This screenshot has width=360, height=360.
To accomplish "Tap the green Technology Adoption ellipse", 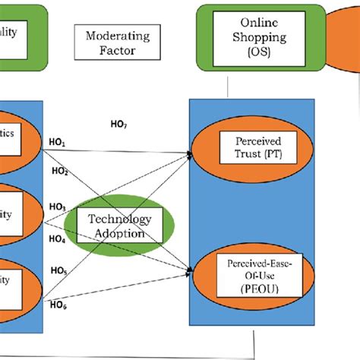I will point(118,226).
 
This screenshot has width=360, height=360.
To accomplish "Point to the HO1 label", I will point(58,143).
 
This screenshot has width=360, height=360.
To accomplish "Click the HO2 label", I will point(59,172).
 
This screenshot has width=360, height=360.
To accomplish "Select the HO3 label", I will point(57,206).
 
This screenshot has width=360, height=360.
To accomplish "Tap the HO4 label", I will point(58,239).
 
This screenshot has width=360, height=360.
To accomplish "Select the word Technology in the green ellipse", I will point(118,219).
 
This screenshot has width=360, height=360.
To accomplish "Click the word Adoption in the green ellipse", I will point(118,234).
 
